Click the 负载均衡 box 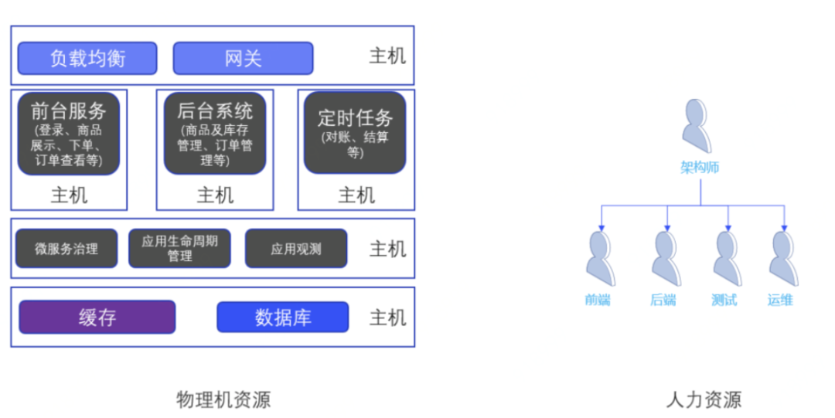pyautogui.click(x=87, y=58)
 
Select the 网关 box pyautogui.click(x=243, y=58)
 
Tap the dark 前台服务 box pyautogui.click(x=69, y=133)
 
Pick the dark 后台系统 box pyautogui.click(x=215, y=133)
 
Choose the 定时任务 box pyautogui.click(x=355, y=133)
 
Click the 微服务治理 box pyautogui.click(x=66, y=249)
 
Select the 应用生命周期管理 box pyautogui.click(x=179, y=249)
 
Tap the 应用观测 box pyautogui.click(x=296, y=249)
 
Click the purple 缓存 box pyautogui.click(x=97, y=317)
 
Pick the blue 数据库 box pyautogui.click(x=282, y=317)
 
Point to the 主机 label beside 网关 pyautogui.click(x=387, y=56)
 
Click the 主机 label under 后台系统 pyautogui.click(x=215, y=195)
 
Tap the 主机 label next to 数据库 pyautogui.click(x=387, y=318)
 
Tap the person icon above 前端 pyautogui.click(x=601, y=259)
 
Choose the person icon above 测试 pyautogui.click(x=726, y=259)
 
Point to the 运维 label pyautogui.click(x=780, y=300)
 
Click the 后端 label pyautogui.click(x=663, y=300)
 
